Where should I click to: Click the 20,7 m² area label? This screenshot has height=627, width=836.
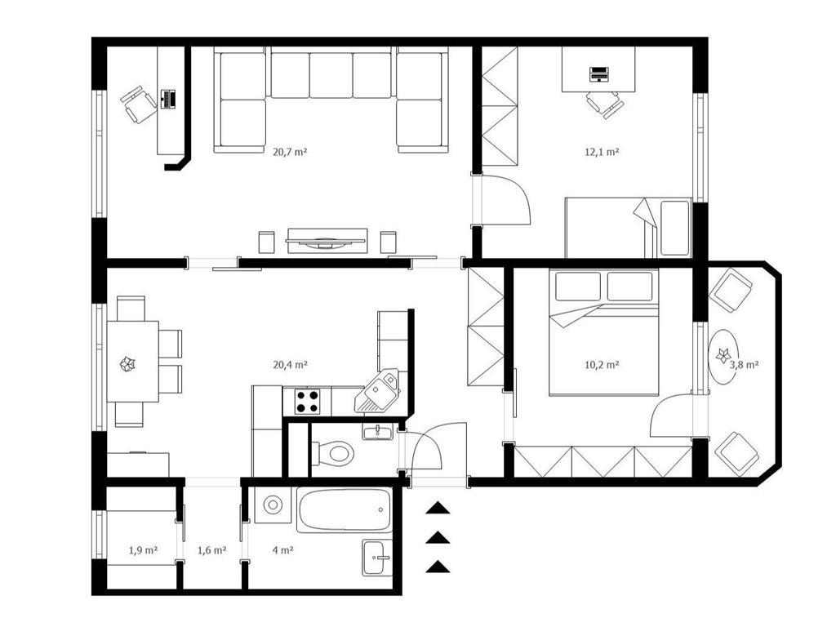pos(290,152)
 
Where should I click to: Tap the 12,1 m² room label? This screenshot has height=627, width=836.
pos(602,152)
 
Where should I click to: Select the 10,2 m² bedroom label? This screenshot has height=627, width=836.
pos(602,365)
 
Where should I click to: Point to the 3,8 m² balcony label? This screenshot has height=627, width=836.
pos(745,365)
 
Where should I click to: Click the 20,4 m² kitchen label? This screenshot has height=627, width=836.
pos(290,365)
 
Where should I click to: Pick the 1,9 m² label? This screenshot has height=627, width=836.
pos(143,550)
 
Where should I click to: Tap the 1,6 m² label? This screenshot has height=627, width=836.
pos(212,550)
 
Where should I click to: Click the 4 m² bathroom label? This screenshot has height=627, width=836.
pos(283,550)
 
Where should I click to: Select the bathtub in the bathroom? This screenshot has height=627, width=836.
pos(345,509)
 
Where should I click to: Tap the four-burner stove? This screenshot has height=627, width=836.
pos(308,402)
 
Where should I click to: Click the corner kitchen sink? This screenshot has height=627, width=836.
pos(377,391)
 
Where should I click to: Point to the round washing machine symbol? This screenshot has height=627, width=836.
pos(273,505)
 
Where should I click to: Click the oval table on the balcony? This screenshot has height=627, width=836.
pos(724,356)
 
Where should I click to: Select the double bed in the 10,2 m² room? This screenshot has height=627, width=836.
pos(603,331)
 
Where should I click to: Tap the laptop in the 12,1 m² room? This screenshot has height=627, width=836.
pos(598,74)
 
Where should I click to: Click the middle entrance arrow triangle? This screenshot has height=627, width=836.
pos(438,537)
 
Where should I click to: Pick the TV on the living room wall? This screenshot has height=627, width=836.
pos(326,242)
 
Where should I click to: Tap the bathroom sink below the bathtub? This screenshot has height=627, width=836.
pos(377,558)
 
